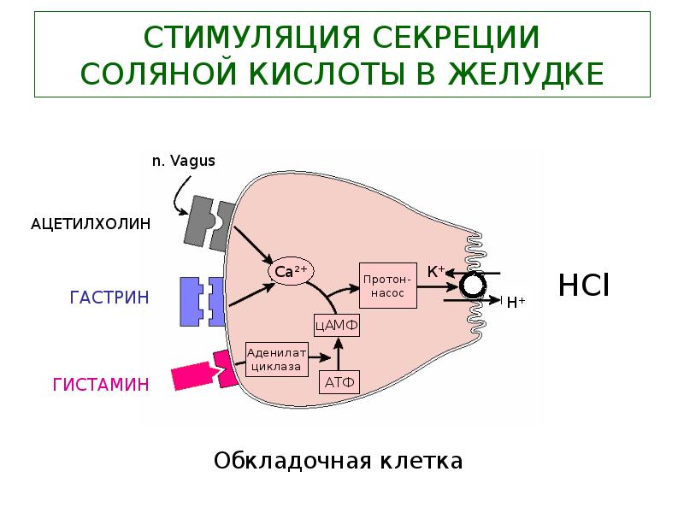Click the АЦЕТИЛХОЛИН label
click(x=91, y=224)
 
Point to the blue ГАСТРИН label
click(x=109, y=298)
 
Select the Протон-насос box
click(x=388, y=286)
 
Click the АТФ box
click(x=339, y=382)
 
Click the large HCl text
click(x=583, y=285)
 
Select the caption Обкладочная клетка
click(x=338, y=462)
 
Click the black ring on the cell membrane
click(x=472, y=286)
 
